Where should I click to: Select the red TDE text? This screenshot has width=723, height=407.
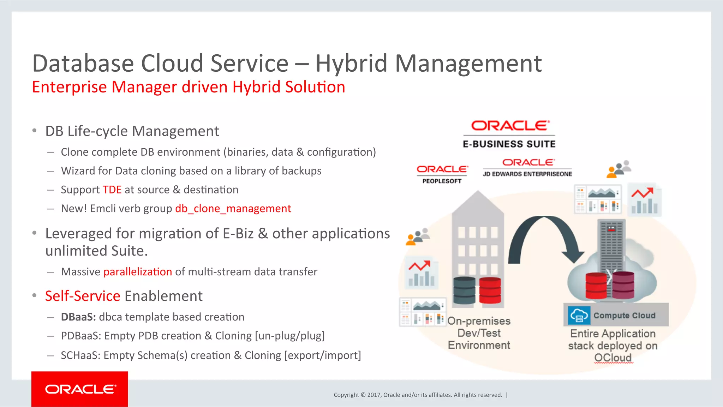pyautogui.click(x=112, y=190)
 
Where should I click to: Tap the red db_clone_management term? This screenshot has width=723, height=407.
pyautogui.click(x=233, y=209)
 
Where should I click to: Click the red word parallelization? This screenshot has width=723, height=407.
pyautogui.click(x=137, y=272)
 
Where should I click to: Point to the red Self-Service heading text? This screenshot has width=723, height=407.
pyautogui.click(x=83, y=296)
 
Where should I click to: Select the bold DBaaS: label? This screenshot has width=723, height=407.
pyautogui.click(x=78, y=317)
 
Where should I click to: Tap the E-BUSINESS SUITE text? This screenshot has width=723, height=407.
pyautogui.click(x=509, y=144)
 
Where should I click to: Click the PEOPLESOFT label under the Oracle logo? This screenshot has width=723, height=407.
pyautogui.click(x=442, y=181)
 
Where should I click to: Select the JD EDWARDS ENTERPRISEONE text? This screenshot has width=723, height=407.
pyautogui.click(x=527, y=174)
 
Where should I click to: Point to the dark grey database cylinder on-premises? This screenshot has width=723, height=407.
pyautogui.click(x=464, y=291)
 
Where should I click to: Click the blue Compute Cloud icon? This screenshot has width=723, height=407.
pyautogui.click(x=579, y=315)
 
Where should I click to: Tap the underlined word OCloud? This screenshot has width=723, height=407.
pyautogui.click(x=613, y=358)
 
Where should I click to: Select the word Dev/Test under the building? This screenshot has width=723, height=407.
pyautogui.click(x=479, y=333)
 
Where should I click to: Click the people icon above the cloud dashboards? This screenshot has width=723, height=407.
pyautogui.click(x=619, y=169)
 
